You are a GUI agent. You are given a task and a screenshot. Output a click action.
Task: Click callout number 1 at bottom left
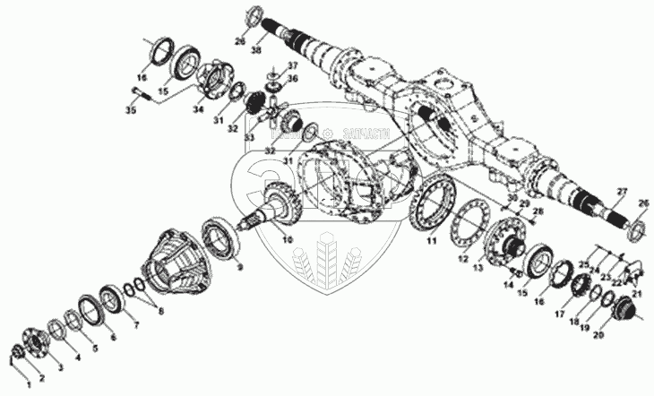[x=27, y=383]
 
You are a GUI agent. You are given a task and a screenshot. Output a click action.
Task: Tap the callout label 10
[x=287, y=239]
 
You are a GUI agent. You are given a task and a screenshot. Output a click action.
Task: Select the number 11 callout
[x=431, y=240]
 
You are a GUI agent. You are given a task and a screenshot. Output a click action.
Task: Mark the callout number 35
[x=130, y=111]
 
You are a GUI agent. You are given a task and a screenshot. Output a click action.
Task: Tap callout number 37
[x=293, y=67]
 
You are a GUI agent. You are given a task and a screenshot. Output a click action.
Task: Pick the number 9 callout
[x=238, y=266]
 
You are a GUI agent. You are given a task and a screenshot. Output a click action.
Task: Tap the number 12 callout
[x=462, y=258]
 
